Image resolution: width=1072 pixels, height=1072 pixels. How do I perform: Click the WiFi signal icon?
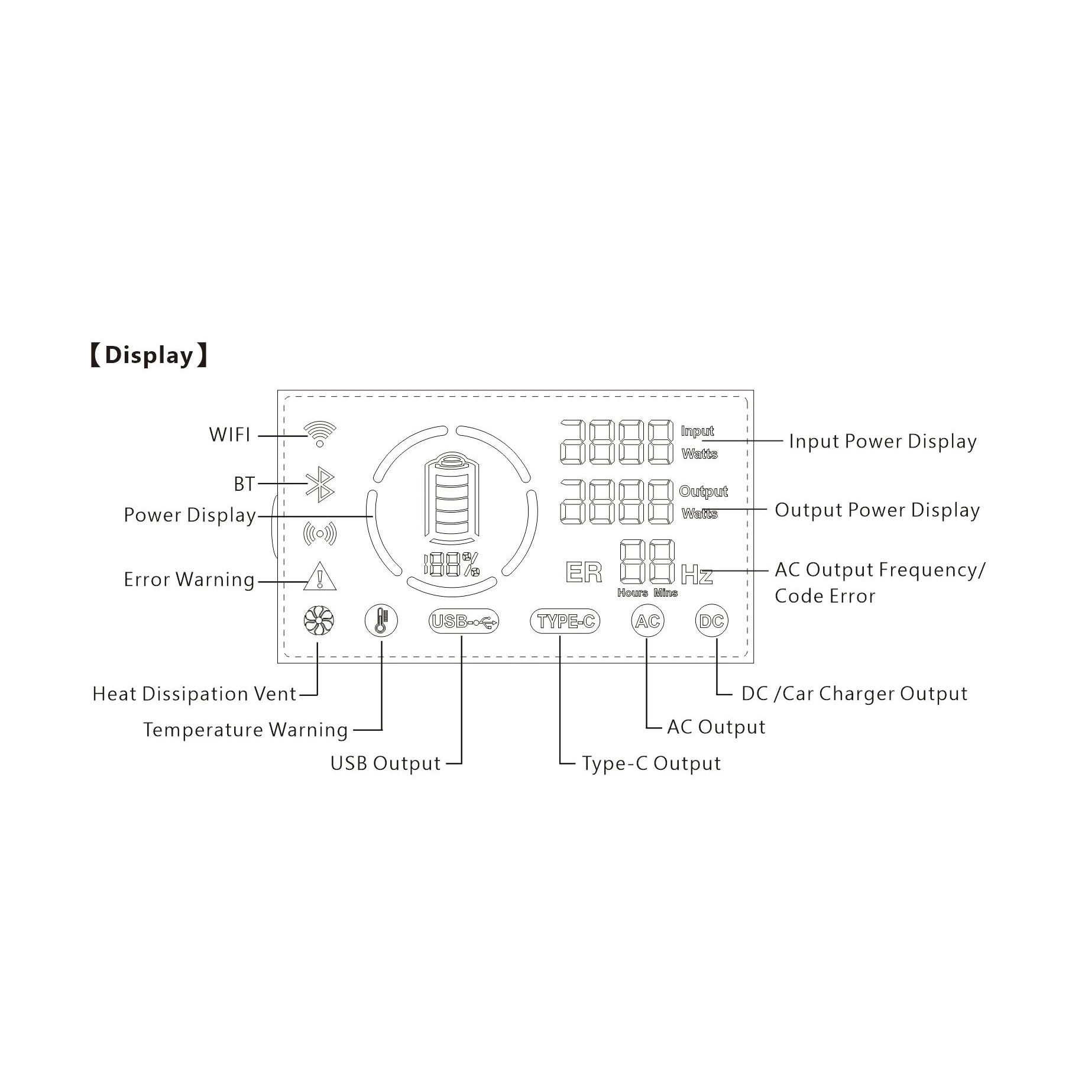click(319, 434)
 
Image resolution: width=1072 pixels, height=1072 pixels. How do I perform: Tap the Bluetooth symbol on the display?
click(320, 485)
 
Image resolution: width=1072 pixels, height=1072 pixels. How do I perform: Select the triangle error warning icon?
click(320, 576)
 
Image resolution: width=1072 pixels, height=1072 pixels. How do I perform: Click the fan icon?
click(319, 621)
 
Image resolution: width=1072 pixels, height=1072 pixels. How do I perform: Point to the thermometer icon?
click(381, 621)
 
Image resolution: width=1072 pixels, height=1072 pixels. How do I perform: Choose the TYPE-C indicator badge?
click(565, 621)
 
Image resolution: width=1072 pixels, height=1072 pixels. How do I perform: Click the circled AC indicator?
click(647, 621)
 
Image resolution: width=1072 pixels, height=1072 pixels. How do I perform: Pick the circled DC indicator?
click(711, 621)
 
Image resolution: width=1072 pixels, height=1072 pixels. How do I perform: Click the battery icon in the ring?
click(452, 498)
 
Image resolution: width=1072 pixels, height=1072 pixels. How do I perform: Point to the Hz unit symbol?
click(697, 574)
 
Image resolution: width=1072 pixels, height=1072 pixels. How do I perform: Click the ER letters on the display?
click(584, 572)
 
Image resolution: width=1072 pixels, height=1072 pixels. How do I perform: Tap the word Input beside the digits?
click(697, 431)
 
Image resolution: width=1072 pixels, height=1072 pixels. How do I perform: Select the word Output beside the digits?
click(703, 491)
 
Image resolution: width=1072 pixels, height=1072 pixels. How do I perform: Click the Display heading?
click(148, 355)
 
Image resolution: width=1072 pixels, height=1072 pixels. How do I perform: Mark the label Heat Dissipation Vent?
click(194, 694)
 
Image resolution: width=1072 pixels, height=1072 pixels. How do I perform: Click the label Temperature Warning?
click(245, 730)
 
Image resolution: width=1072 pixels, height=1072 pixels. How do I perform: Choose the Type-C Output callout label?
click(651, 763)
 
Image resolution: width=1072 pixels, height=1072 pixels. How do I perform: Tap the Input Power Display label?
click(883, 442)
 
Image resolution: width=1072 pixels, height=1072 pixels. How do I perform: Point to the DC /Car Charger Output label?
click(854, 694)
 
